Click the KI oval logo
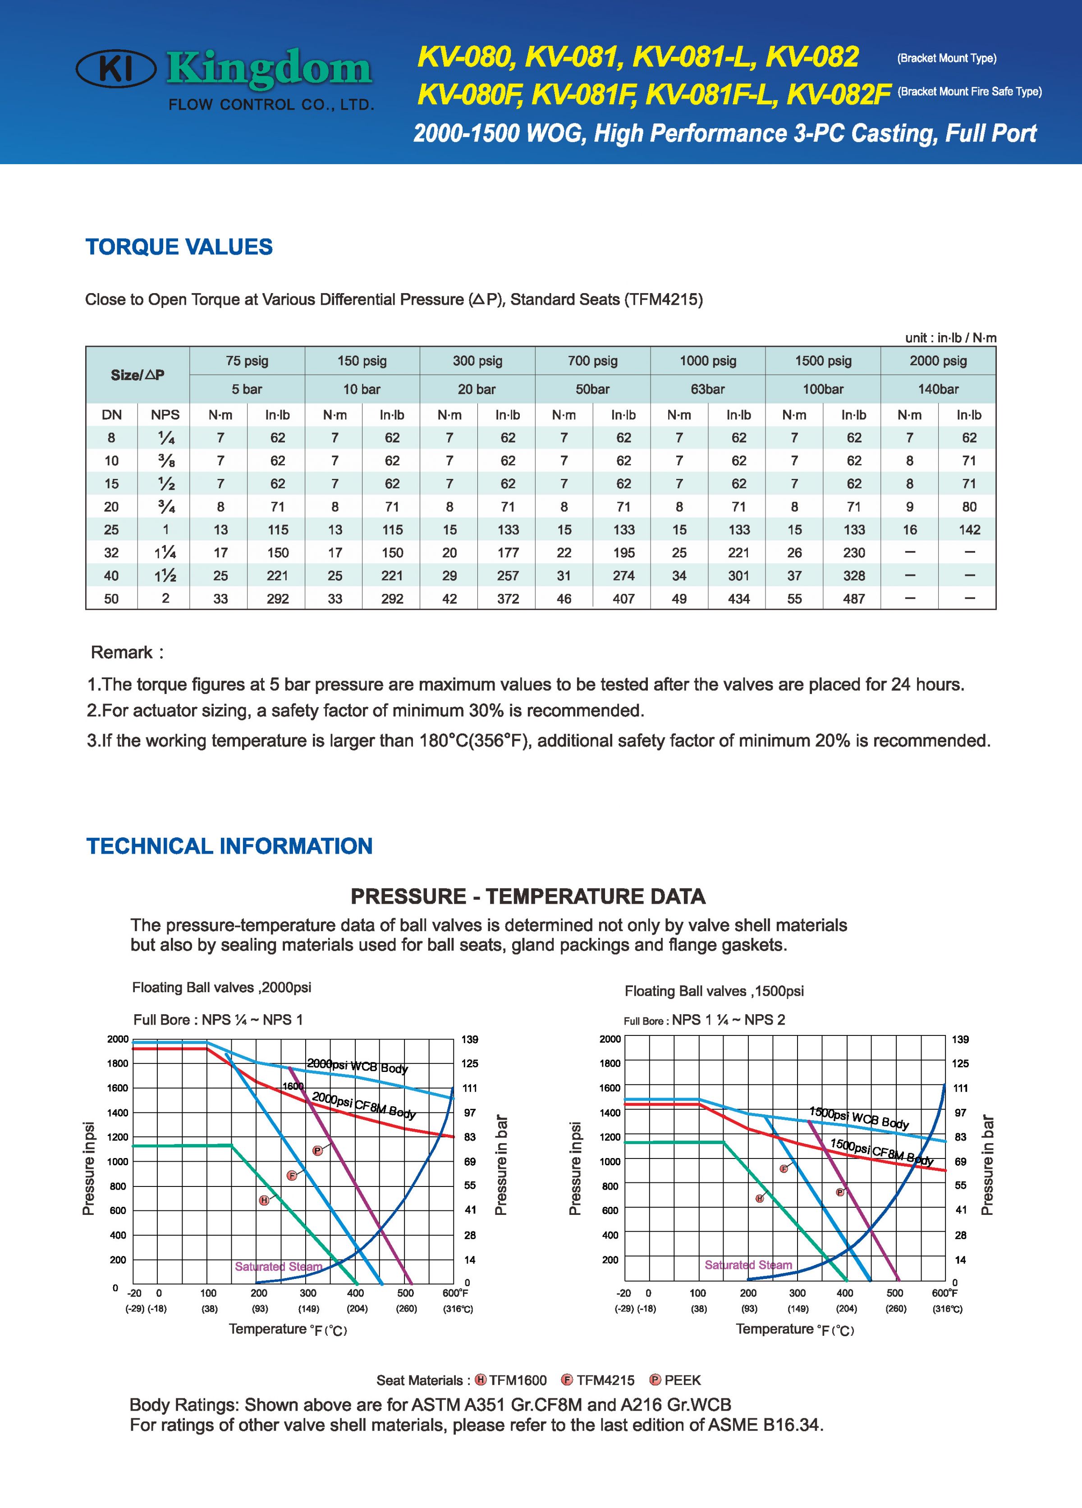[x=116, y=69]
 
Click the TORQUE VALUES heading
[x=179, y=247]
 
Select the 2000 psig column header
[x=938, y=361]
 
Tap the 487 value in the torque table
[x=853, y=598]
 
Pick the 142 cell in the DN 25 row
[x=969, y=530]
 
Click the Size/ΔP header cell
[x=138, y=375]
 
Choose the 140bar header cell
[x=938, y=389]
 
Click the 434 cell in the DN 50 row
[x=738, y=598]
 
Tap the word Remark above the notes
[x=122, y=652]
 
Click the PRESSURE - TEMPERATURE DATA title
[x=528, y=897]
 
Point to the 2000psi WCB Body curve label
[x=358, y=1066]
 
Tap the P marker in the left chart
[x=318, y=1151]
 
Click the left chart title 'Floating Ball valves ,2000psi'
[x=221, y=988]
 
